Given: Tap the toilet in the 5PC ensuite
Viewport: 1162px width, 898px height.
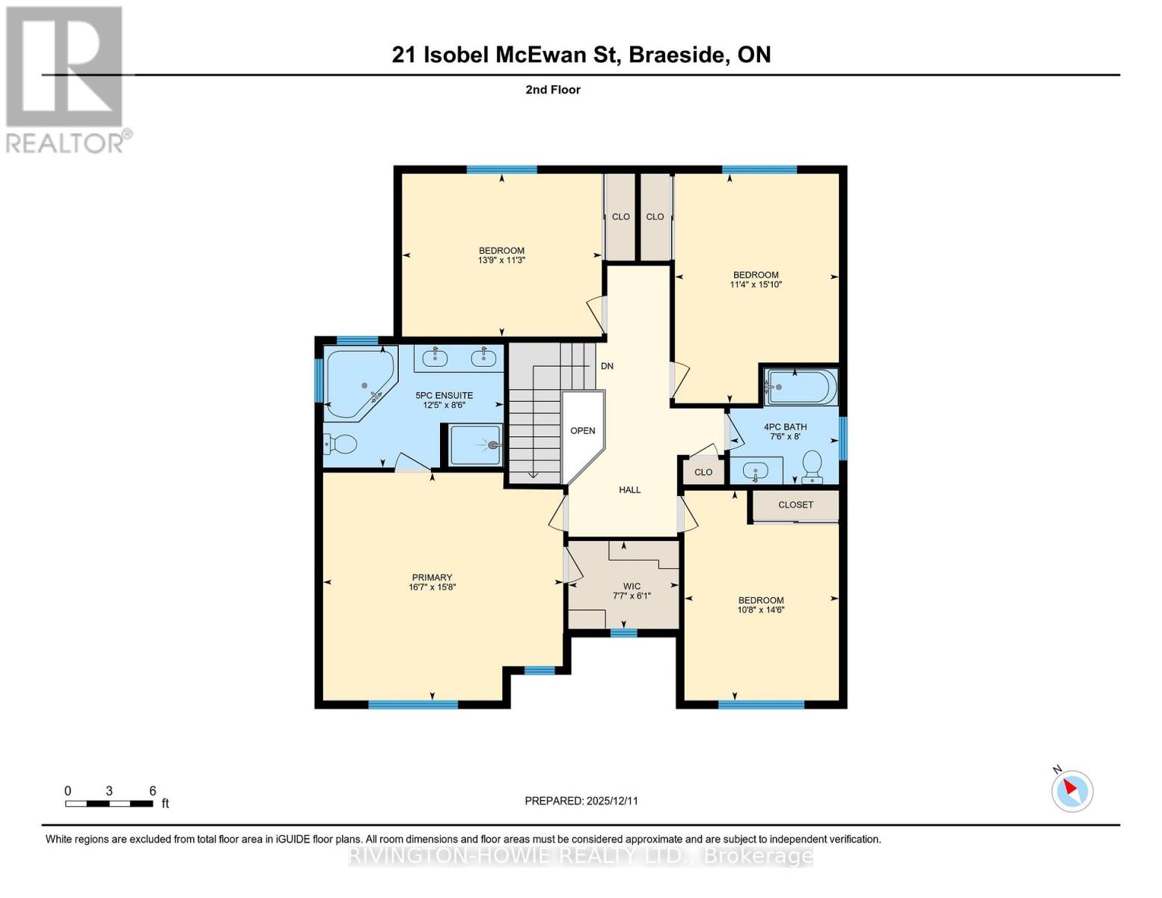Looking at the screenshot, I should (340, 445).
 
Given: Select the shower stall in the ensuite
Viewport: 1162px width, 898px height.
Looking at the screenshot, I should (476, 445).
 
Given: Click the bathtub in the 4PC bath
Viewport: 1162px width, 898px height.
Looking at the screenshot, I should (799, 387).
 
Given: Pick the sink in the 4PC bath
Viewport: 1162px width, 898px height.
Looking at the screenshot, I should (756, 472).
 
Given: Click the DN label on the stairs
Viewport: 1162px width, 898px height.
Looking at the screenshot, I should (607, 366).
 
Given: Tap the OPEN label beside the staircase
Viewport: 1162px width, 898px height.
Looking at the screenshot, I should (583, 430).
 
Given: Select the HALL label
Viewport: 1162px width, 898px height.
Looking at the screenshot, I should (629, 489).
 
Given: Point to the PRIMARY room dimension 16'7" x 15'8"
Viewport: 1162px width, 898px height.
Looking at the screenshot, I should (432, 587).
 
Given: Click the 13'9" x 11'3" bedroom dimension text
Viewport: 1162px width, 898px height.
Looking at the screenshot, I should (501, 260).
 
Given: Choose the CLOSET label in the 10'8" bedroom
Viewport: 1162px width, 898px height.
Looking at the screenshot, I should (795, 505).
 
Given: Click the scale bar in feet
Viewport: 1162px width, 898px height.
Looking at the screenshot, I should (109, 803).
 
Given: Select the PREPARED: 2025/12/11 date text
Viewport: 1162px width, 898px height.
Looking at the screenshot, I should (581, 801).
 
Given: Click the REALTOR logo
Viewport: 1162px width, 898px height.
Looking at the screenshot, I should (65, 79).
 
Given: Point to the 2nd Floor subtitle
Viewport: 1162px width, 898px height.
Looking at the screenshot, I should (553, 90).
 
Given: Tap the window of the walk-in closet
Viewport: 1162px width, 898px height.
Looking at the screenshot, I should (623, 633).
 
